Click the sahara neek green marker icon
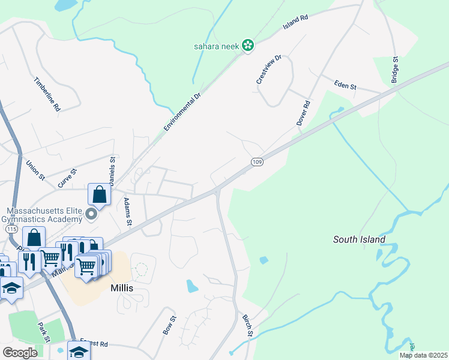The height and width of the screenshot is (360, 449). point(247,46)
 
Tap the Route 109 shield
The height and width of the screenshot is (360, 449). point(257,162)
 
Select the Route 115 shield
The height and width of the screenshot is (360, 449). point(10,229)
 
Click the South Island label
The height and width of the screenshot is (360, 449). point(359,240)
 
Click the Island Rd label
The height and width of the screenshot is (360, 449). point(295,23)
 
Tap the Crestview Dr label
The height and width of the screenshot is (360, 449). point(268,70)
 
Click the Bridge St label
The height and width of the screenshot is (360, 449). point(395,70)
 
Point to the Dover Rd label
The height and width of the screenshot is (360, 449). point(304,113)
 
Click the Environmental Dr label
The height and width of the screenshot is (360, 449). point(181,113)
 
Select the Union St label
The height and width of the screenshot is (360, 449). point(35,169)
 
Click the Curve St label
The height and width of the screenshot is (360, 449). point(67,178)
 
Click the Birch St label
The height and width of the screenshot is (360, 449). point(248,325)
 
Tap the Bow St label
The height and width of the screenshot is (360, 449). point(169,325)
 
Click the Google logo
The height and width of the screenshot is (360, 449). point(20,353)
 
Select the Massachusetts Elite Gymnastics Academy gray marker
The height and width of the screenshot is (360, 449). point(91,214)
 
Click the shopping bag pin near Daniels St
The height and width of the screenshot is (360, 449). point(100,194)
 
